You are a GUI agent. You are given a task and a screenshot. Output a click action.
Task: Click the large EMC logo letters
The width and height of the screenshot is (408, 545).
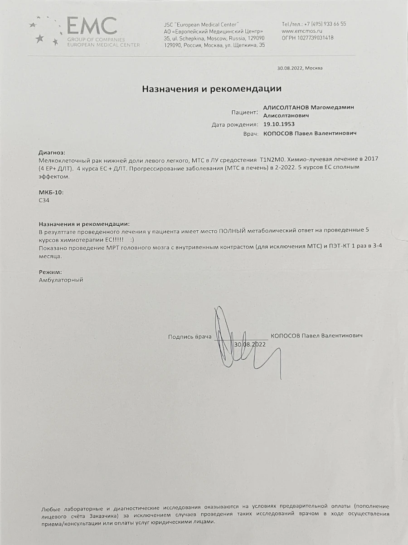click(x=92, y=26)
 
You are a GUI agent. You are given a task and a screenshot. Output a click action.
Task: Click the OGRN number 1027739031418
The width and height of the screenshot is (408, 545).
click(x=314, y=38)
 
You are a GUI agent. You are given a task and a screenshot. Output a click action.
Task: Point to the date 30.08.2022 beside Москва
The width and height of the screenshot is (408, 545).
click(x=289, y=68)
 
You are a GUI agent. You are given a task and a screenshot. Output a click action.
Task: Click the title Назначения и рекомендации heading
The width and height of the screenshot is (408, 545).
click(x=212, y=89)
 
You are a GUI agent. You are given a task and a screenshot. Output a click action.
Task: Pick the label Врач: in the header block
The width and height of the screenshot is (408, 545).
click(x=251, y=134)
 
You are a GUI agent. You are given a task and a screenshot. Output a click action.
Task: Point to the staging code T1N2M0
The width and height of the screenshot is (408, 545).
click(x=272, y=161)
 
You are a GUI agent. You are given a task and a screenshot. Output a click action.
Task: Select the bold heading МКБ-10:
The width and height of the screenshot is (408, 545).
click(x=51, y=192)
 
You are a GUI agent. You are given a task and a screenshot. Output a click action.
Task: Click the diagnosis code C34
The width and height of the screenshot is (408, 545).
click(x=44, y=199)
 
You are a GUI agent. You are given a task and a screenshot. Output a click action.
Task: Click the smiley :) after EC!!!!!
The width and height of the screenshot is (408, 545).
click(x=132, y=239)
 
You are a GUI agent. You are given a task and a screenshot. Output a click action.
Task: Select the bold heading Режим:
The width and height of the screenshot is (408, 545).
click(x=50, y=272)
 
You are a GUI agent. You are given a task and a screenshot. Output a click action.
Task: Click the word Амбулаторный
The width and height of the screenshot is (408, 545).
click(x=61, y=280)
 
